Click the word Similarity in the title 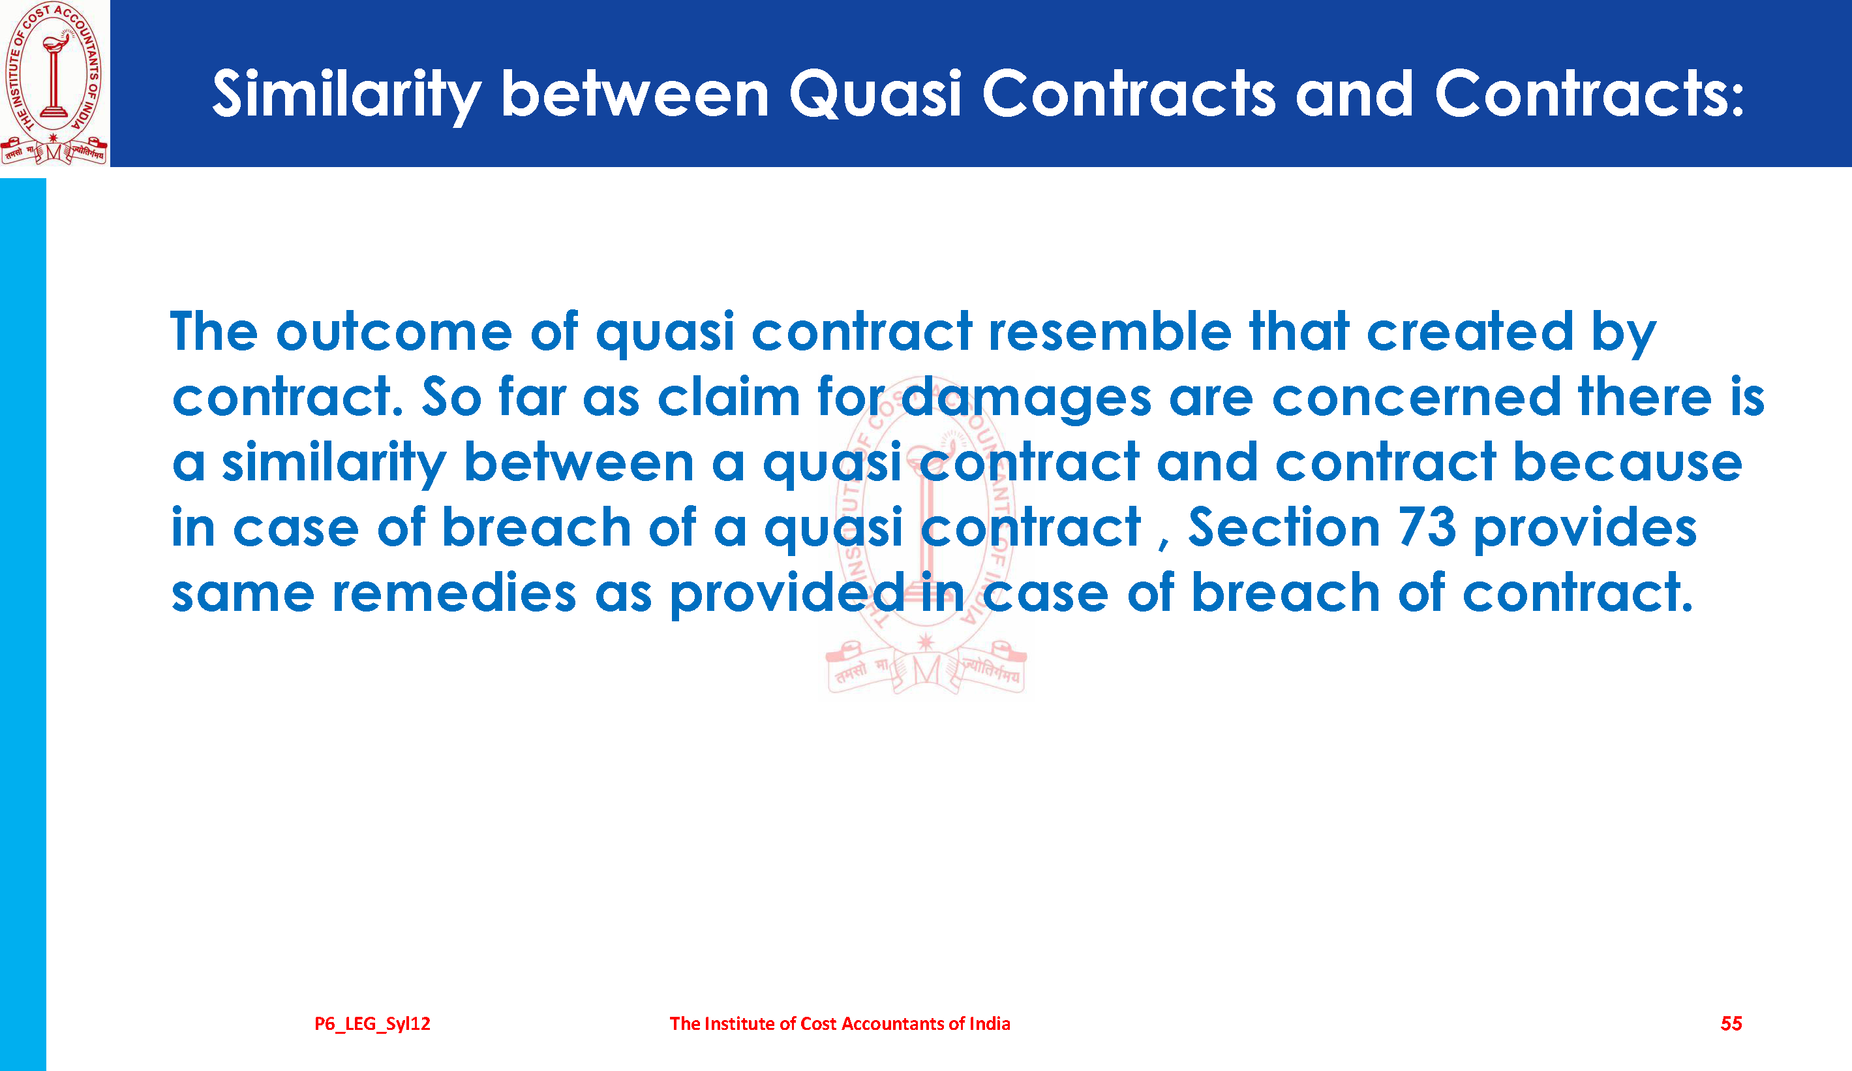tap(347, 95)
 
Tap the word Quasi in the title tap(875, 93)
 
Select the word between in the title tap(635, 93)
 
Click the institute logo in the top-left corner tap(54, 83)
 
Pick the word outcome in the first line tap(394, 332)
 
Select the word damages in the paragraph tap(1026, 397)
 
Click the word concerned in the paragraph tap(1416, 397)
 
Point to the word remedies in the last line tap(454, 593)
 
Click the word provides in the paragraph tap(1585, 529)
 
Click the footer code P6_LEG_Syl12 tap(372, 1023)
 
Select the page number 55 tap(1731, 1023)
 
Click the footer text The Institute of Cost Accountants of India tap(840, 1023)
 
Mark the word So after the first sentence tap(451, 397)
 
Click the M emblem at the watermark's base tap(926, 670)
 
